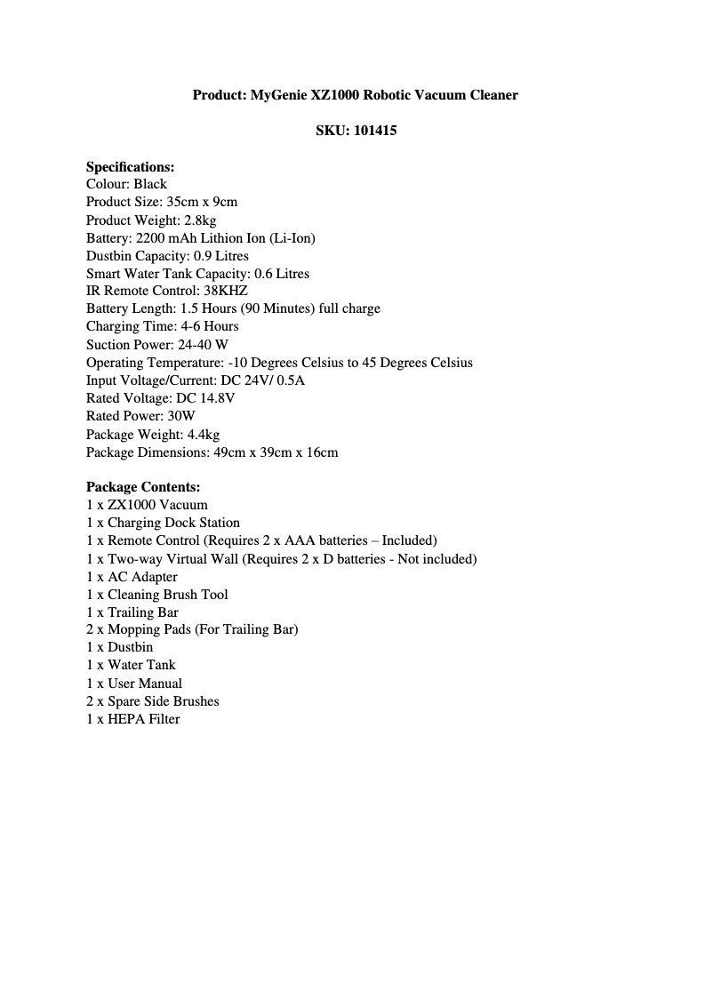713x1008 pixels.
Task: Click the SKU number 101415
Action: [x=374, y=131]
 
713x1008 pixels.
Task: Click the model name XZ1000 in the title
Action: [x=332, y=94]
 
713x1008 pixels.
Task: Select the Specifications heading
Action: [x=130, y=166]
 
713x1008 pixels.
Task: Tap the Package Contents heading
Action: [x=143, y=487]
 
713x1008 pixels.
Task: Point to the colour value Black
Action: [x=150, y=184]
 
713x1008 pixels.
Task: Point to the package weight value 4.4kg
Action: [x=204, y=435]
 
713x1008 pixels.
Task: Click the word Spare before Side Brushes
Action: [x=124, y=701]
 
